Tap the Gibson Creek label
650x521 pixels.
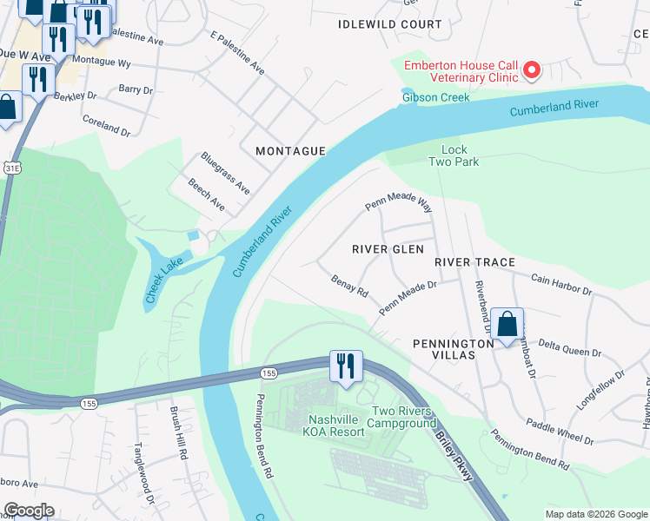pyautogui.click(x=435, y=97)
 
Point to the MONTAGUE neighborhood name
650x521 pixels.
pyautogui.click(x=290, y=151)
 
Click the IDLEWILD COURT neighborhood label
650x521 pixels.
pyautogui.click(x=390, y=24)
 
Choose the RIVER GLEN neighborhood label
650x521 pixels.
pyautogui.click(x=388, y=249)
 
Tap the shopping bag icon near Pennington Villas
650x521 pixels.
pyautogui.click(x=507, y=325)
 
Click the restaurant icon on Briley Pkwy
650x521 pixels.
pyautogui.click(x=346, y=366)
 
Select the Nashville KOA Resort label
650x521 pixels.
pyautogui.click(x=325, y=425)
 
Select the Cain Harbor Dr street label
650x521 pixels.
pyautogui.click(x=560, y=286)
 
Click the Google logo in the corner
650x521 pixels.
pyautogui.click(x=28, y=511)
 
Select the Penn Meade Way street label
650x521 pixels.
pyautogui.click(x=398, y=204)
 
